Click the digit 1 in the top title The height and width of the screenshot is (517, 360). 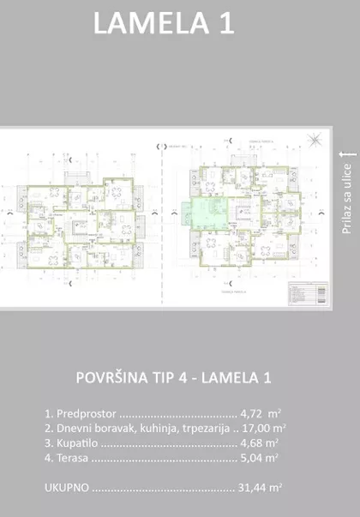225,25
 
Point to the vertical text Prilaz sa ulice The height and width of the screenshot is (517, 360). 347,198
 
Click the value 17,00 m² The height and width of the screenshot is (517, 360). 263,427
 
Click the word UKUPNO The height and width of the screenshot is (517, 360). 65,488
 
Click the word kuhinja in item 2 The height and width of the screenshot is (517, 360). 153,427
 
